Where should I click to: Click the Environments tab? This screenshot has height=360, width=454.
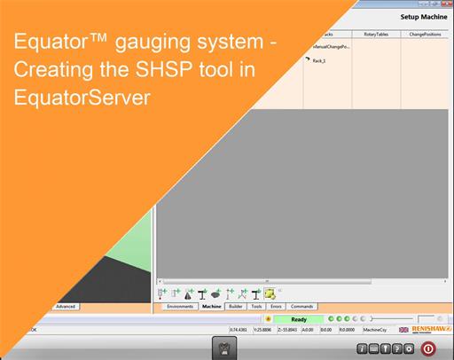181,306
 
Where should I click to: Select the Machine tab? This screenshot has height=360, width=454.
211,306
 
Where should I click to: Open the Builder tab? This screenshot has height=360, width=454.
235,306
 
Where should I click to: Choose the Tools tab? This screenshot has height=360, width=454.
256,306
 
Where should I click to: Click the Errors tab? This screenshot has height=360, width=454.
276,306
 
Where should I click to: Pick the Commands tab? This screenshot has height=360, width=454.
301,306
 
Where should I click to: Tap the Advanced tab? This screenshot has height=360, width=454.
66,306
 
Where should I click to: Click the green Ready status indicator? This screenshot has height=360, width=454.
299,319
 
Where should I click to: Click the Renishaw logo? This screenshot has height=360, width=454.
428,329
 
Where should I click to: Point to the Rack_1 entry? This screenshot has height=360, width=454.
319,61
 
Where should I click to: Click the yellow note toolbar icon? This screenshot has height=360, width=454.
270,292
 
